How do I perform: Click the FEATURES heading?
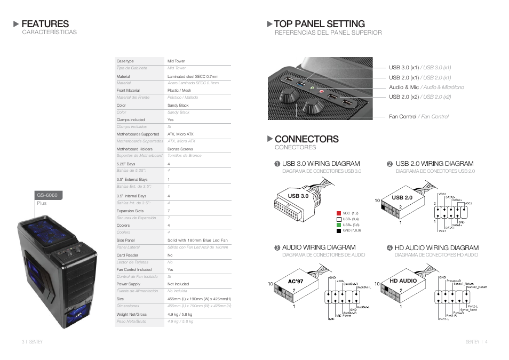[x=45, y=24]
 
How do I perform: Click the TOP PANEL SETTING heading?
[x=319, y=24]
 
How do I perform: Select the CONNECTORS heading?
[x=306, y=139]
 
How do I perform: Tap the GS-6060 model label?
[x=47, y=195]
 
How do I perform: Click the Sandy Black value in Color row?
[x=178, y=106]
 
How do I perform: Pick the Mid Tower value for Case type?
[x=176, y=61]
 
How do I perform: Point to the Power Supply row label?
[x=129, y=284]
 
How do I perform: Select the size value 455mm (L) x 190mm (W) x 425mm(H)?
[x=199, y=299]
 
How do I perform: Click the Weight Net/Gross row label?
[x=131, y=315]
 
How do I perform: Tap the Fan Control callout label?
[x=402, y=116]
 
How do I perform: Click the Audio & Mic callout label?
[x=404, y=87]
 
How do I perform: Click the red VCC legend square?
[x=338, y=213]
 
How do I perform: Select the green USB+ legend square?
[x=338, y=225]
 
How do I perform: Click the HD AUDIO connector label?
[x=403, y=281]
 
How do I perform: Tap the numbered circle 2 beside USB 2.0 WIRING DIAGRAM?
[x=389, y=164]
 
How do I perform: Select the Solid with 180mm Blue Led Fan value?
[x=197, y=241]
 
